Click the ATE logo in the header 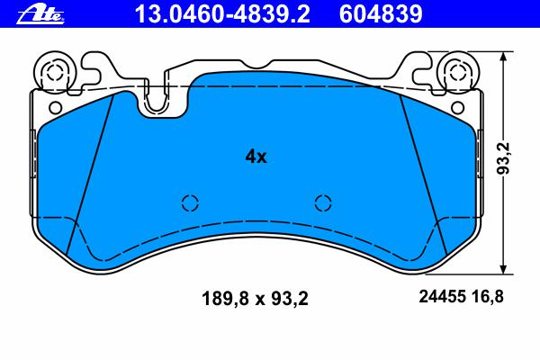click(40, 15)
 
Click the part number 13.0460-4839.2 click(222, 14)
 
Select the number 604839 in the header click(381, 14)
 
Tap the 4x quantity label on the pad click(256, 157)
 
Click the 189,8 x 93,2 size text click(255, 298)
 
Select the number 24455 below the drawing click(443, 296)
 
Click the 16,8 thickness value click(488, 296)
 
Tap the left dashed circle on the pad click(190, 202)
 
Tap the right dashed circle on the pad click(323, 202)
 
